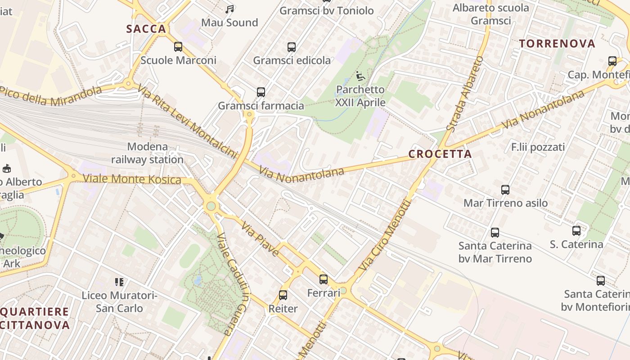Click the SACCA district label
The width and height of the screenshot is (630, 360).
(146, 29)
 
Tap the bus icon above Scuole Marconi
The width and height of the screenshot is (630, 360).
(178, 46)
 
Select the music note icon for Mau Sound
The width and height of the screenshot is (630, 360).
(229, 9)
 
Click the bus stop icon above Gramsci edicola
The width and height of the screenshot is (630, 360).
(292, 47)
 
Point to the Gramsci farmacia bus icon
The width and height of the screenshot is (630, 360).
(261, 92)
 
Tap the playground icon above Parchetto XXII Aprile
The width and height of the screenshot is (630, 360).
(360, 76)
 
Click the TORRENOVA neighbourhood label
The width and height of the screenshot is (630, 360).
(557, 44)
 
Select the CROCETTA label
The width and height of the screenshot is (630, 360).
(440, 154)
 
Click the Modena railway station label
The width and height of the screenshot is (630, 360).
(147, 153)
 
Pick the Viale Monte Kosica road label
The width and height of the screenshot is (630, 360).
(132, 180)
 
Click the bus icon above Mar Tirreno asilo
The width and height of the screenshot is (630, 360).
(505, 190)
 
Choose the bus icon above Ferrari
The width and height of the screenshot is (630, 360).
(324, 279)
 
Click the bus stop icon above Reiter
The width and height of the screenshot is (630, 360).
(283, 295)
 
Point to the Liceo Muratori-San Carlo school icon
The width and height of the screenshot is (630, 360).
(119, 282)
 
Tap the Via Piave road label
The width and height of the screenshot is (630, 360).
(260, 238)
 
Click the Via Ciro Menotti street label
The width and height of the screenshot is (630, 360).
(385, 235)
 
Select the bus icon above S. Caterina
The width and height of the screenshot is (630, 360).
(576, 231)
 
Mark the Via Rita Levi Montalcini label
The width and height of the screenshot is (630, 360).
(187, 121)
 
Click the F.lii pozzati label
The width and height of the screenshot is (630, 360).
(538, 147)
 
